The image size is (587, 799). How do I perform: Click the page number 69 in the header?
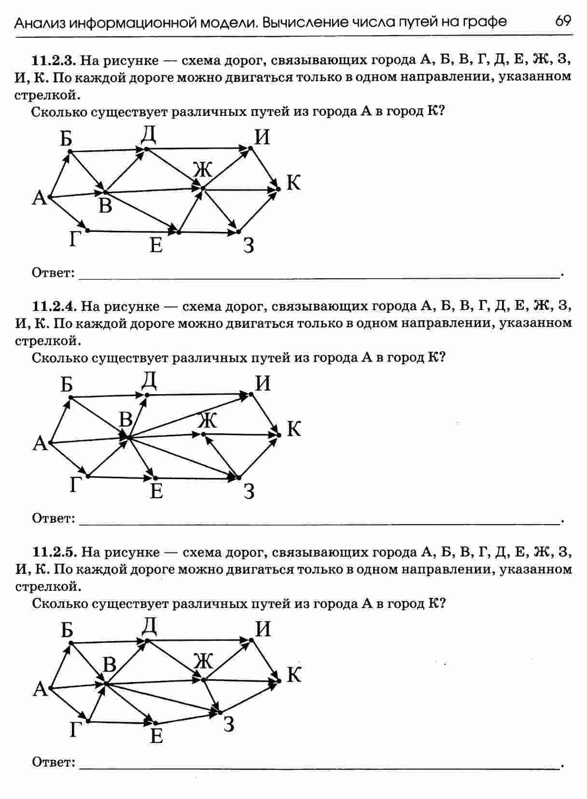click(563, 21)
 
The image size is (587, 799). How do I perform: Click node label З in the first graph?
click(248, 246)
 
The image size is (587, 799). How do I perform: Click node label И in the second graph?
click(263, 384)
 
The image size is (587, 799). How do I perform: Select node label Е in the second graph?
click(156, 491)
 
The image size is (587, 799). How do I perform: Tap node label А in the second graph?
click(40, 443)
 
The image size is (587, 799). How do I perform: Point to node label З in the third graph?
click(229, 724)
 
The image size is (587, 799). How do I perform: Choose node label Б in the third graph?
click(67, 630)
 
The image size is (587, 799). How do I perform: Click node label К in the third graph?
click(293, 675)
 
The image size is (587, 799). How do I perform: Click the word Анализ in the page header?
click(40, 23)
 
